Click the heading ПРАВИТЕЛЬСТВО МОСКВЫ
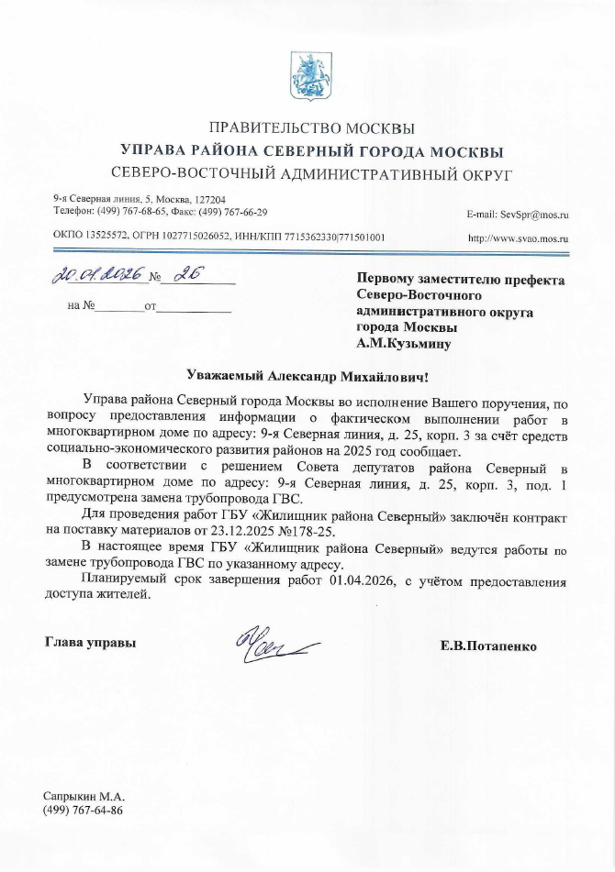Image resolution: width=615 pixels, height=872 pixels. click(312, 128)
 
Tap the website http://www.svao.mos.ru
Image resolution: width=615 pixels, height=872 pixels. click(519, 238)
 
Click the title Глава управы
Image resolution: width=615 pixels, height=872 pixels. click(91, 643)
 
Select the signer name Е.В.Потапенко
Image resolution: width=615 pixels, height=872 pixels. click(488, 646)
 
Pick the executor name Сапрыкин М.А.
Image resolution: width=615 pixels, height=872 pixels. click(84, 797)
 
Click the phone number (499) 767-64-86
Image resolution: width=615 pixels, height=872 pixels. click(84, 811)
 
